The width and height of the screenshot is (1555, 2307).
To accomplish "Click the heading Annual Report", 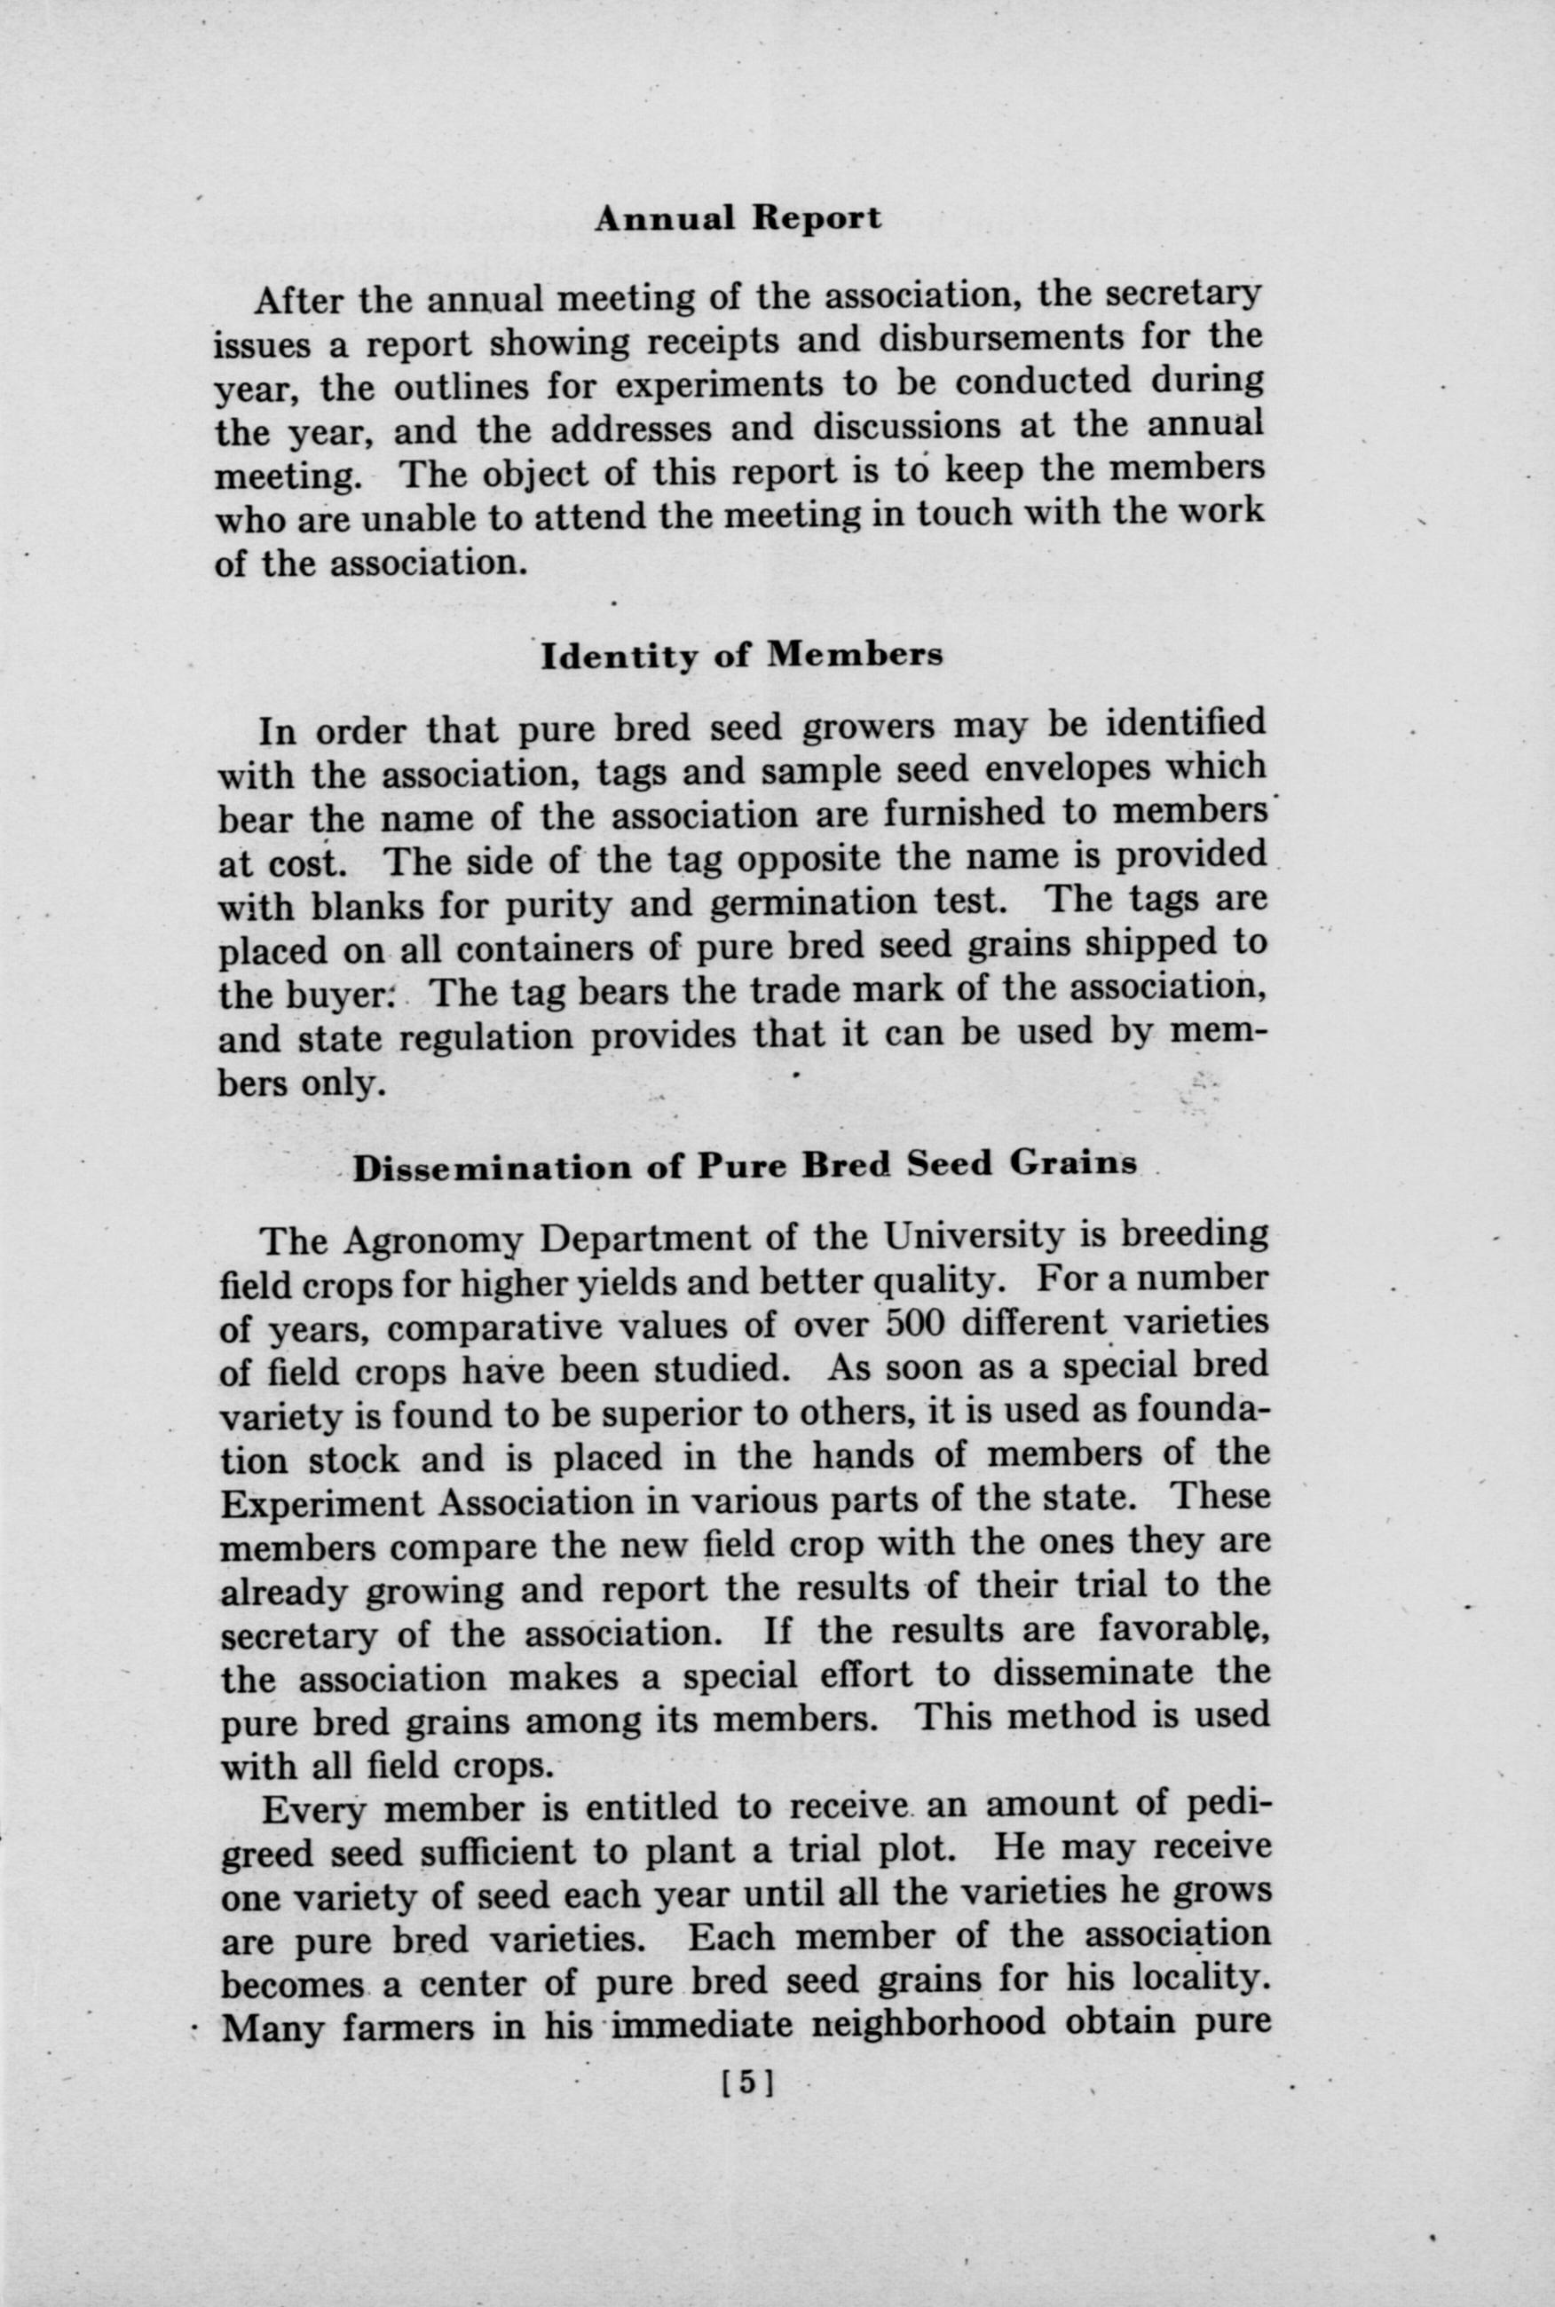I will (x=738, y=218).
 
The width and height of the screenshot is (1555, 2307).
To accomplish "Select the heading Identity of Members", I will (x=742, y=657).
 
